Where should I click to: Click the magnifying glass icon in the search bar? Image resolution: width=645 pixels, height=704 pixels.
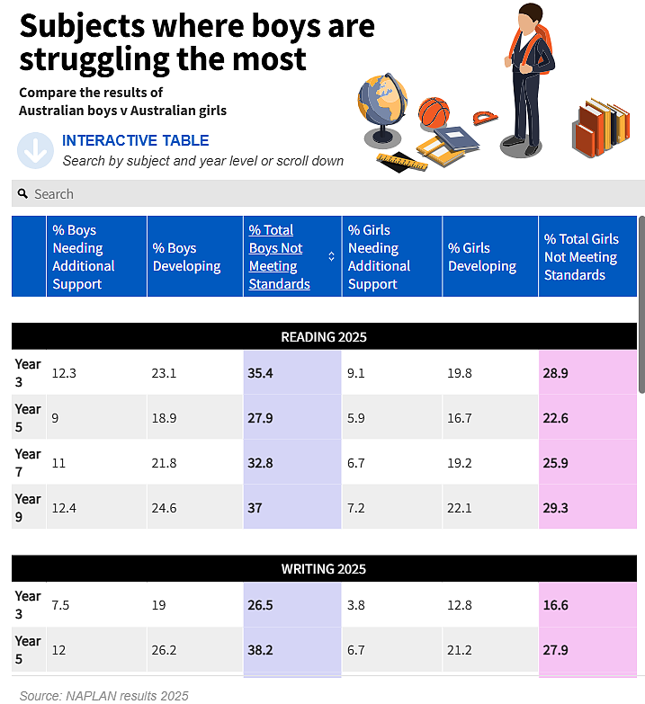[22, 193]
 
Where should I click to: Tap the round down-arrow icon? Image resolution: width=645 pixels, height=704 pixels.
[35, 150]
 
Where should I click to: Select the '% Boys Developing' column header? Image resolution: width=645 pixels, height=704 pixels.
[186, 257]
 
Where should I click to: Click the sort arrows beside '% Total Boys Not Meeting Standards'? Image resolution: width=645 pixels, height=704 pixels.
[331, 256]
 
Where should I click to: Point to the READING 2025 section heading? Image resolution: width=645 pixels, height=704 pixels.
[324, 337]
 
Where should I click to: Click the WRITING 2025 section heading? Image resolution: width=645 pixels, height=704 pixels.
[324, 569]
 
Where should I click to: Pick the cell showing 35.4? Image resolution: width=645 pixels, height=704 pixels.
[261, 373]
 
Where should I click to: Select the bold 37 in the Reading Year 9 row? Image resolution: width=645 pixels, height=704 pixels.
[255, 508]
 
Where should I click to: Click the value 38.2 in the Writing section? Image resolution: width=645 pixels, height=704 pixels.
[261, 650]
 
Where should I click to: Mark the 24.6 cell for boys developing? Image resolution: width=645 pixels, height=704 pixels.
[164, 508]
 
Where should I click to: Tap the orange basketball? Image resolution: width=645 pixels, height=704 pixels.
[434, 112]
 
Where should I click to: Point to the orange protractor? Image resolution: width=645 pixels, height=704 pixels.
[485, 118]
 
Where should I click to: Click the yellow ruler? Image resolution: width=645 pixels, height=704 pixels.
[402, 162]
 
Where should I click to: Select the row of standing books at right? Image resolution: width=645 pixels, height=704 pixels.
[601, 129]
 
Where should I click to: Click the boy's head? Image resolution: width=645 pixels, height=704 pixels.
[531, 17]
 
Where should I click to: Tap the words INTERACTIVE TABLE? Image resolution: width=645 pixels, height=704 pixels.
[135, 140]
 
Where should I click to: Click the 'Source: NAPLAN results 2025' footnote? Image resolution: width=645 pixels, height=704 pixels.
[103, 696]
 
